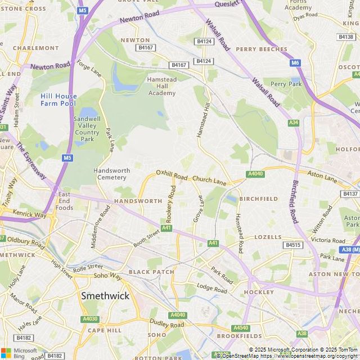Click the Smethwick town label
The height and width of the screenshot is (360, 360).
105,295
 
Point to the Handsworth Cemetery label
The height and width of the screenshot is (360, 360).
111,174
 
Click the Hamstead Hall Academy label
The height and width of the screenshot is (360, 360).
161,86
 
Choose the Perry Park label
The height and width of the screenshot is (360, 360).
286,84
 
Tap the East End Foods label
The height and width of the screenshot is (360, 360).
64,201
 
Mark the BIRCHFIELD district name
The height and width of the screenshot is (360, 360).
258,199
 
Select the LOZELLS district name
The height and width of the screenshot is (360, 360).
268,237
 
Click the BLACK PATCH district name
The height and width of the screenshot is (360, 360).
151,272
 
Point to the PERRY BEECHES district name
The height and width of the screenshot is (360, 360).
262,49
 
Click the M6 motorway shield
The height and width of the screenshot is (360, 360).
295,63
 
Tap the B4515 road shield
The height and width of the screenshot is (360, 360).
293,245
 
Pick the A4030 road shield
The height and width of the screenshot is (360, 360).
90,319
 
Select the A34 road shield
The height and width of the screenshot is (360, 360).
293,123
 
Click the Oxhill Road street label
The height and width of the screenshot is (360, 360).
172,175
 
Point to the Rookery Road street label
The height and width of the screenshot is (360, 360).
169,204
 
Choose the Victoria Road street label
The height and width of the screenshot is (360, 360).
327,240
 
